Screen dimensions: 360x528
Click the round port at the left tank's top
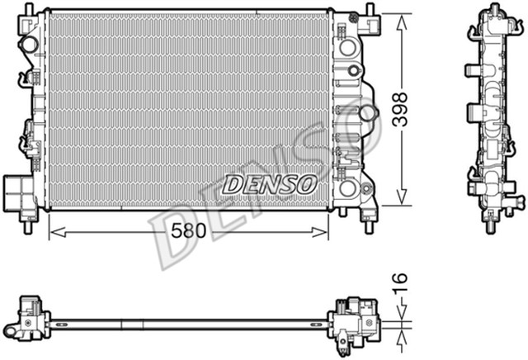(x=29, y=44)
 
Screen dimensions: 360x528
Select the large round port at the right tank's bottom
(x=348, y=189)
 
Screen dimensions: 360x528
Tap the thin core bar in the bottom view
(x=190, y=320)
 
